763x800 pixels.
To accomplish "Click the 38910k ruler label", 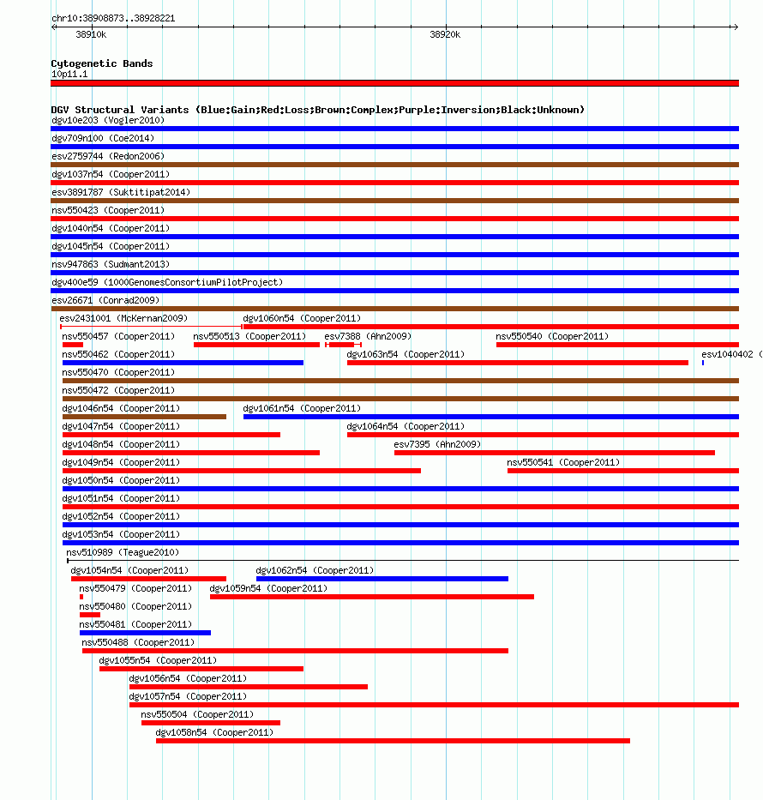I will [x=91, y=35].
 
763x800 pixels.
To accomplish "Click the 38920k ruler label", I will [x=445, y=35].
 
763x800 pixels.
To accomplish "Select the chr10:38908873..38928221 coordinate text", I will [x=113, y=18].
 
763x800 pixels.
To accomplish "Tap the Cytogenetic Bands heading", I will [x=101, y=63].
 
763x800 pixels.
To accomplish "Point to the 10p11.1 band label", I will [x=69, y=74].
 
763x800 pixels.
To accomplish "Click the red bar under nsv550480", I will [x=89, y=615].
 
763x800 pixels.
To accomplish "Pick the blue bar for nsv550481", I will [x=145, y=633].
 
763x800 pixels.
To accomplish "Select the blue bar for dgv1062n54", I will [x=381, y=579].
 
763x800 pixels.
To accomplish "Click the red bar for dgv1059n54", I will [x=371, y=597].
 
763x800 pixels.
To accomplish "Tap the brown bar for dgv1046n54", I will [x=144, y=417].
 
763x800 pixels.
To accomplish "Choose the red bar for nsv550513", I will [x=256, y=345].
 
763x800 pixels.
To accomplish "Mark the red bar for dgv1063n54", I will [x=517, y=363].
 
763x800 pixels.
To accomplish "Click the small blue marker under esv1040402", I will [x=703, y=363].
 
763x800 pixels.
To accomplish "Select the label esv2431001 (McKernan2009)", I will [x=123, y=318].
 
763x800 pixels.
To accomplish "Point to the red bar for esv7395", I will [x=554, y=453].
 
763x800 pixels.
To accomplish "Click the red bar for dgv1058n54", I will [x=393, y=741].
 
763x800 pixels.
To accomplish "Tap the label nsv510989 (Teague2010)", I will [x=123, y=552].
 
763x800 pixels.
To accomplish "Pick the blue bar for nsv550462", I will [x=183, y=363].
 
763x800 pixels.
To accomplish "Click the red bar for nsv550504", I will [x=210, y=723].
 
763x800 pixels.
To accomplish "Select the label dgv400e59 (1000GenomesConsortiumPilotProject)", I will [x=167, y=282].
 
